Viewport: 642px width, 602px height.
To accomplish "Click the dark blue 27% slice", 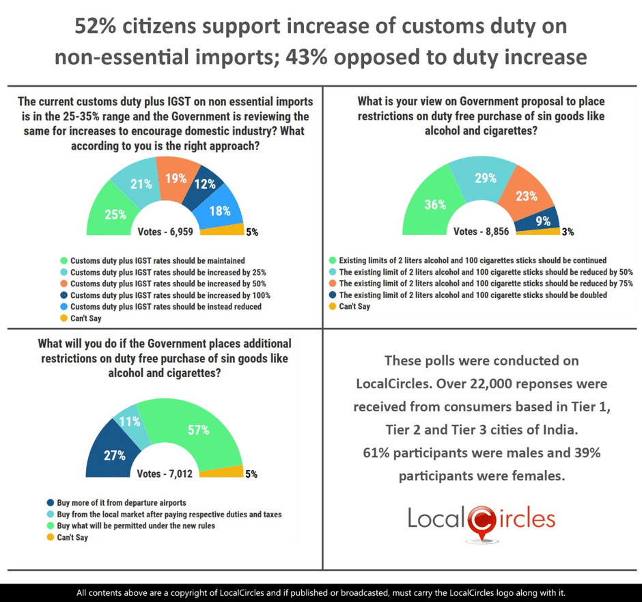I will [x=113, y=455].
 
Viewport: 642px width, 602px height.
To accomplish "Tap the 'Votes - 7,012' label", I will [x=165, y=474].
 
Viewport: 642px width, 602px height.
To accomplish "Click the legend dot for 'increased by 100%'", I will [x=64, y=295].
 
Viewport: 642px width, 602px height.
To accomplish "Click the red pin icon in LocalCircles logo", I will [x=482, y=522].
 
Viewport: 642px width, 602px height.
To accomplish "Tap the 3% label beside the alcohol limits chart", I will [x=567, y=232].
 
